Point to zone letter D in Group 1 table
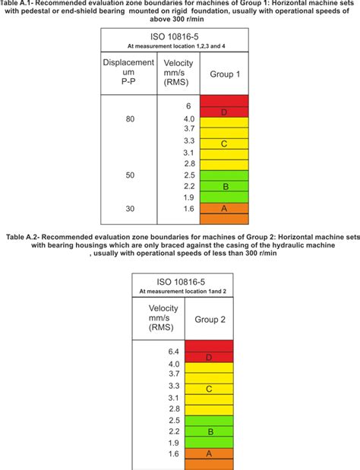coord(223,112)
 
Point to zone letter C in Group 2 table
coord(208,389)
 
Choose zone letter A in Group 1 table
coord(223,207)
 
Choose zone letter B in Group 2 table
coord(208,431)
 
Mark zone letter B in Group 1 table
coord(223,185)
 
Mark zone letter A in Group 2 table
coord(208,453)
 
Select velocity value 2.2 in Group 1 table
coord(188,185)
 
